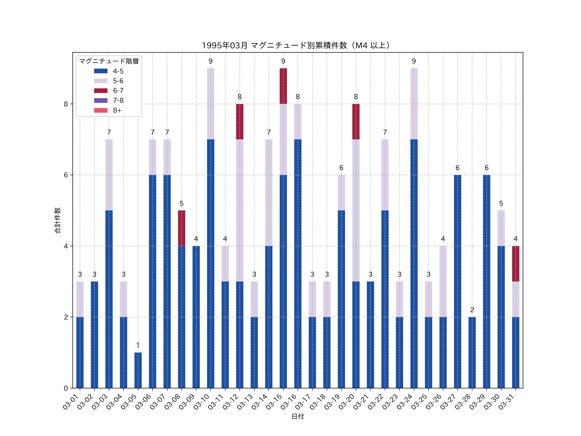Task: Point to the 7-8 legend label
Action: tap(118, 100)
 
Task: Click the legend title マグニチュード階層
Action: tap(109, 61)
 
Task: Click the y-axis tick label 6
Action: tap(66, 175)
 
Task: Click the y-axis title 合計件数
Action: tap(57, 220)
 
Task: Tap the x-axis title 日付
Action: tap(298, 416)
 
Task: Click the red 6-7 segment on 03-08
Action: tap(182, 228)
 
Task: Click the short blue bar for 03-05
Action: tap(138, 370)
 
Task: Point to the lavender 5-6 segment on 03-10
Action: tap(211, 104)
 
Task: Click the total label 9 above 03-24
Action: tap(414, 61)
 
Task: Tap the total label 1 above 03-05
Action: tap(138, 345)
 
